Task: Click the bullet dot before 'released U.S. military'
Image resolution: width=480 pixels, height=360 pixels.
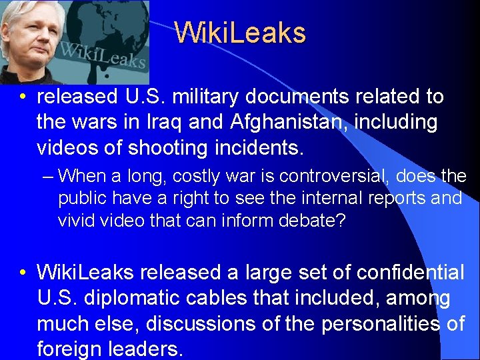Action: [x=23, y=97]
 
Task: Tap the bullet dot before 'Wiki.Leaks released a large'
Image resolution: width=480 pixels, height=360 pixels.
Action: [x=23, y=273]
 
